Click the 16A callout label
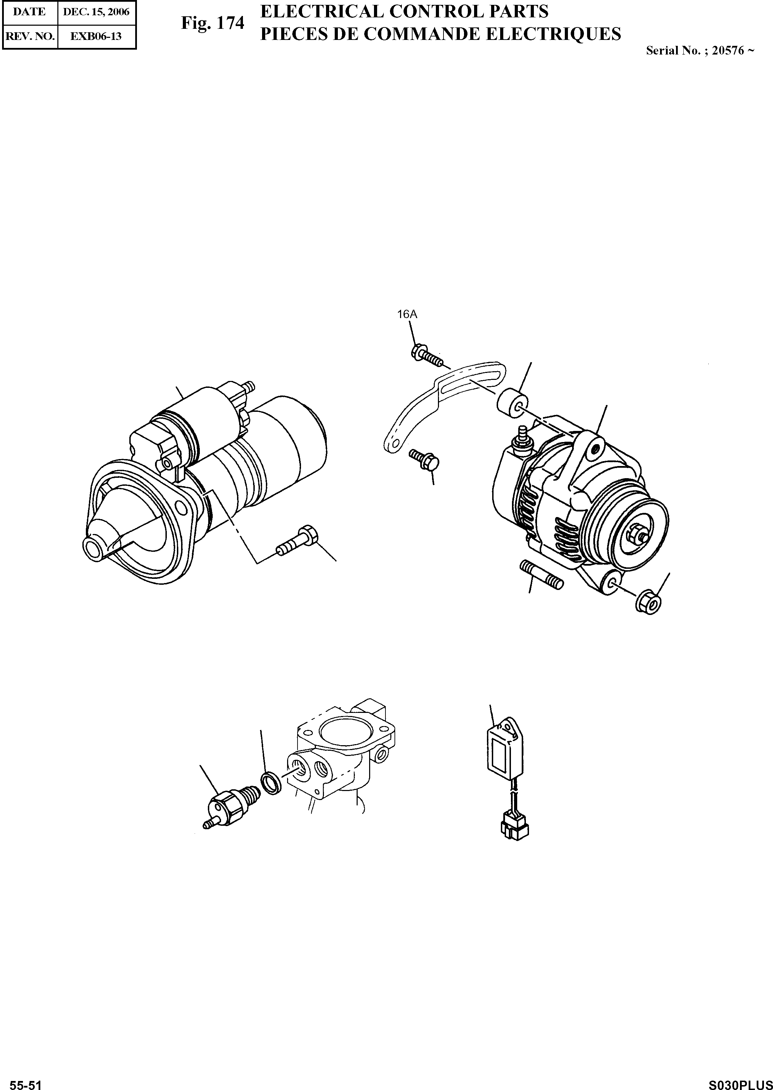pyautogui.click(x=407, y=314)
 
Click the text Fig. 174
pyautogui.click(x=212, y=23)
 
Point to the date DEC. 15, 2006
pyautogui.click(x=97, y=12)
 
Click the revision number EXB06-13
pyautogui.click(x=96, y=36)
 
